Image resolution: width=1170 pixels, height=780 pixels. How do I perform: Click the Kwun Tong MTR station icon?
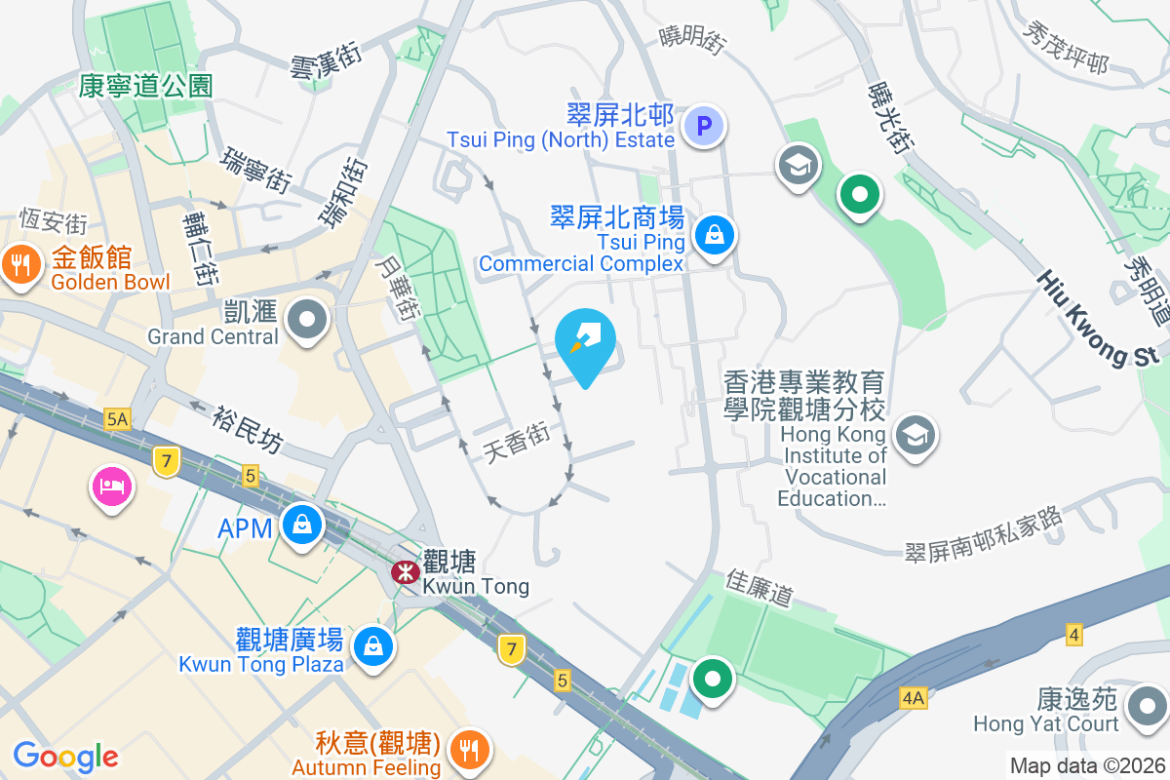coord(406,572)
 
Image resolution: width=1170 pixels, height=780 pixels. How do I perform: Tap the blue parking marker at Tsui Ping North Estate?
coord(703,126)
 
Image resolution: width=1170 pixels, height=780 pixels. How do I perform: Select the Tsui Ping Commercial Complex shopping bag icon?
coord(715,235)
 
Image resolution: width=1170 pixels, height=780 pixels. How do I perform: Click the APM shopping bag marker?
coord(302,525)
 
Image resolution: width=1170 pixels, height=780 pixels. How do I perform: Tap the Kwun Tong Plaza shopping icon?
coord(372,644)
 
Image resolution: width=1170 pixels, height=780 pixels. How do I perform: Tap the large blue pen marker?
coord(585,341)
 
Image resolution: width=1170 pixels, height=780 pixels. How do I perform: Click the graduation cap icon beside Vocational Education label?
coord(916,436)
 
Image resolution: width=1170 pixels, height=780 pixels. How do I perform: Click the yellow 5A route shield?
coord(118,419)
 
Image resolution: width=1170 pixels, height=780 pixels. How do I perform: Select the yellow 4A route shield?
coord(913,698)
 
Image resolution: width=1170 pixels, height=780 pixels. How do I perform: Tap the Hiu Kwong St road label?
coord(1100,318)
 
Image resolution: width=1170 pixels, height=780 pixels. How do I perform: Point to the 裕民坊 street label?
coord(248,429)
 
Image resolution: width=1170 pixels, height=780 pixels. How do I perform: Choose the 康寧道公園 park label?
coord(146,86)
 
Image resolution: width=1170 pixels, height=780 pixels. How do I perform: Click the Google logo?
coord(65,757)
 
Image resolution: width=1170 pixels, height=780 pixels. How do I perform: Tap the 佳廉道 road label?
coord(760,588)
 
